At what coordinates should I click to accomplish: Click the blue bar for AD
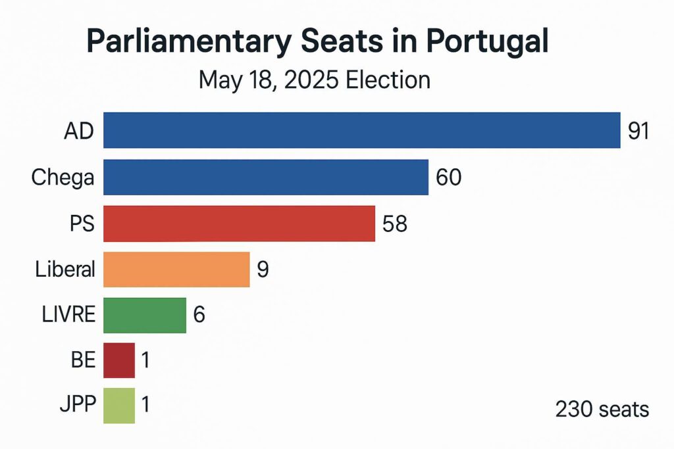pyautogui.click(x=362, y=130)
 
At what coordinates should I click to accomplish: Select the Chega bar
pyautogui.click(x=266, y=177)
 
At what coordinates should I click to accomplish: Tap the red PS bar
pyautogui.click(x=239, y=224)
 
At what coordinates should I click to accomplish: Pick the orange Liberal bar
pyautogui.click(x=176, y=270)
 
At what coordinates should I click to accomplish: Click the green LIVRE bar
pyautogui.click(x=145, y=315)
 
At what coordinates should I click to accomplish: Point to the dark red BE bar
pyautogui.click(x=119, y=360)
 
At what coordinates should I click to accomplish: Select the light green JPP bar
pyautogui.click(x=119, y=405)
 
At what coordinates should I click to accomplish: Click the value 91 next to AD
pyautogui.click(x=638, y=131)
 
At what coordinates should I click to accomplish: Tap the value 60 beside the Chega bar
pyautogui.click(x=448, y=177)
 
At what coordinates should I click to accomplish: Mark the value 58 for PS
pyautogui.click(x=395, y=224)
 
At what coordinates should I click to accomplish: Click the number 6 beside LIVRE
pyautogui.click(x=199, y=315)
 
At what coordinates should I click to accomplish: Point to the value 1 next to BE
pyautogui.click(x=145, y=360)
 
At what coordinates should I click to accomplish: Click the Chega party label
pyautogui.click(x=63, y=178)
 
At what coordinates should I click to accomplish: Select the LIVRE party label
pyautogui.click(x=65, y=315)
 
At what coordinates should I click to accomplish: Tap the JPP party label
pyautogui.click(x=75, y=405)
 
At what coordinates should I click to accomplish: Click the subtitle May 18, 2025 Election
pyautogui.click(x=315, y=80)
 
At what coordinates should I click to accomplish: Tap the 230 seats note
pyautogui.click(x=602, y=410)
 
